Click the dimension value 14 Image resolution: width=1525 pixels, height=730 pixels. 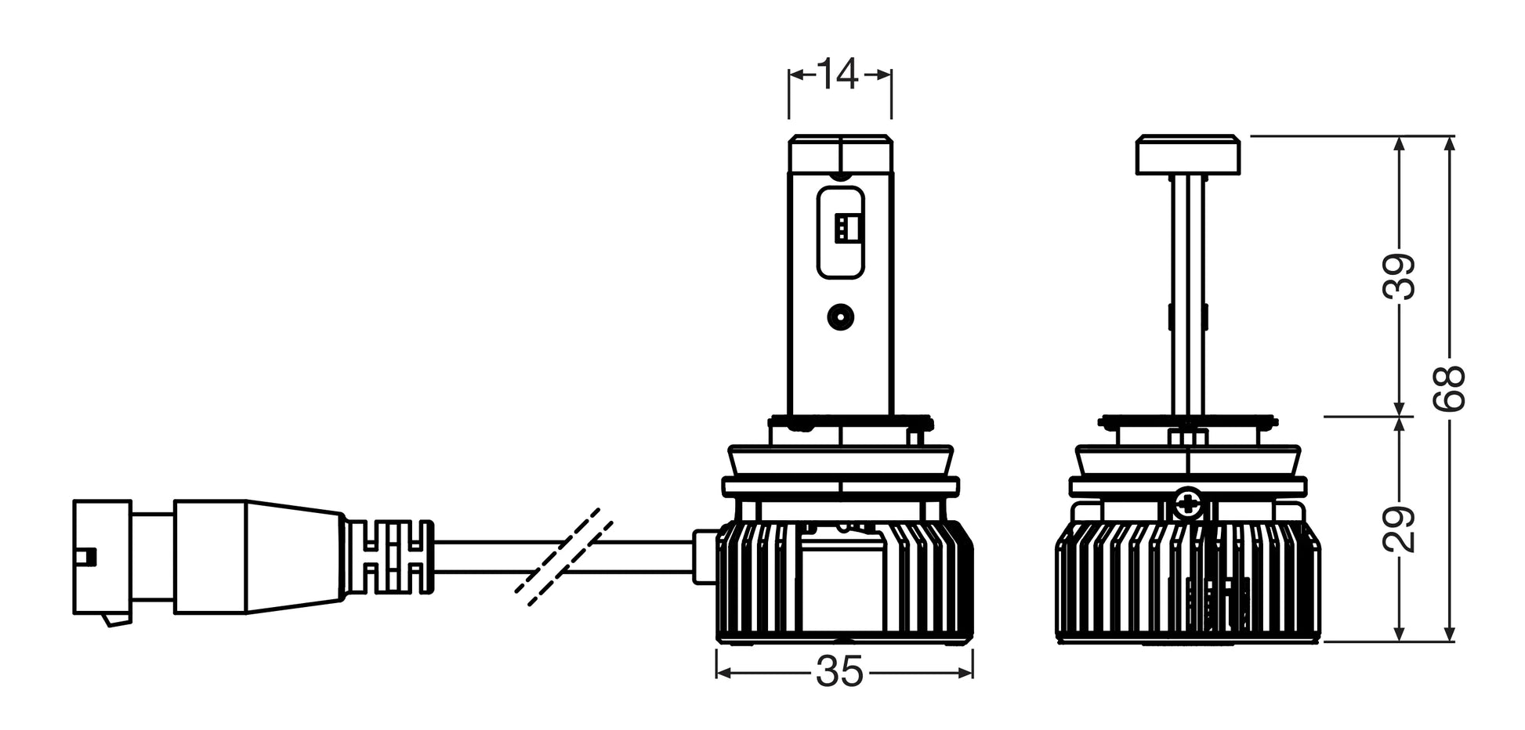[x=839, y=74]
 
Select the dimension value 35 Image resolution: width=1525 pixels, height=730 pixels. [x=839, y=672]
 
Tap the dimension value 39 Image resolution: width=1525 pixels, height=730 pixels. [x=1400, y=276]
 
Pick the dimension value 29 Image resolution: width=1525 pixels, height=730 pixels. [x=1400, y=529]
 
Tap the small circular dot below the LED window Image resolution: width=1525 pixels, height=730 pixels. [x=840, y=316]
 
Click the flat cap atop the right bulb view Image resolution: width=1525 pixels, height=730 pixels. [x=1188, y=155]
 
